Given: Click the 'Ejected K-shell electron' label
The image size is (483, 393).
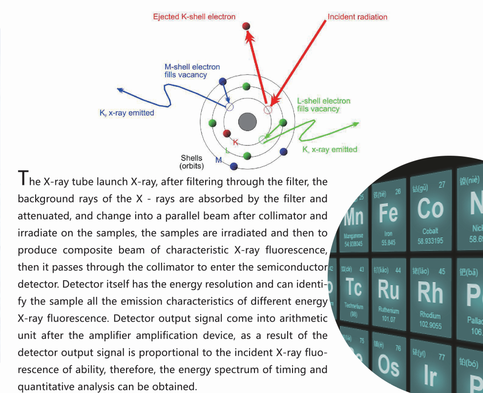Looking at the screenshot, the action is (x=194, y=17).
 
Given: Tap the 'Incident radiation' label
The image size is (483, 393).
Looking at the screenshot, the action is (x=357, y=17).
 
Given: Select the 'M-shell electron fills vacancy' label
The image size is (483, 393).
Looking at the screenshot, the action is (x=192, y=71).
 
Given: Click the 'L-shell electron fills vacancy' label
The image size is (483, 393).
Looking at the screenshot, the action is (x=324, y=104).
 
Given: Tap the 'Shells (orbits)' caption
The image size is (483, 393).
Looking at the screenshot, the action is (x=191, y=162).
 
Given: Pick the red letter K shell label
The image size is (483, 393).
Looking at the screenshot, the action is (x=236, y=142).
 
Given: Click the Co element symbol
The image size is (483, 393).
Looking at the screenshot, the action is (x=430, y=208).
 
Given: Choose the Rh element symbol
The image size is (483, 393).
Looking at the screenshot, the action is (x=430, y=292).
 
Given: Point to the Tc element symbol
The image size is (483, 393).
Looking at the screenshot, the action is (x=354, y=287).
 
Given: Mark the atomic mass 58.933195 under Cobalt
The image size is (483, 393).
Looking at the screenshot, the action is (x=430, y=241).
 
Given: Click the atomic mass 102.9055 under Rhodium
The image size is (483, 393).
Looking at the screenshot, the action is (x=430, y=325).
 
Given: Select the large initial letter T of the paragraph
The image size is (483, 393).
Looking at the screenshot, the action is (x=22, y=179).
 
